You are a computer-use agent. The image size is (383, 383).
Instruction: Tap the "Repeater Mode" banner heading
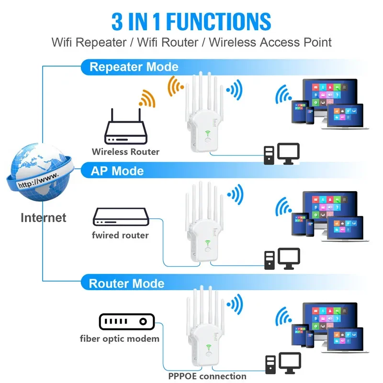tap(134, 67)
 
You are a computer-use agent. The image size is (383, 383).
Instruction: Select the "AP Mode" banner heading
tap(117, 170)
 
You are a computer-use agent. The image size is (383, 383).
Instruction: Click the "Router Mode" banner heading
tap(126, 283)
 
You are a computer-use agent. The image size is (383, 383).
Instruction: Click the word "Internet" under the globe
tap(43, 218)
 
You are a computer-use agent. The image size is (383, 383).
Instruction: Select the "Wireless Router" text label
tap(125, 152)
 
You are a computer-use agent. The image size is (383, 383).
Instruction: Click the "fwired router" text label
tap(120, 235)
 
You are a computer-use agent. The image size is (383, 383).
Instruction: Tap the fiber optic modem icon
tap(125, 321)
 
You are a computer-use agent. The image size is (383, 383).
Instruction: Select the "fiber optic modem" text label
tap(120, 339)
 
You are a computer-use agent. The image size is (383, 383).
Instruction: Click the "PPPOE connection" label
tap(207, 376)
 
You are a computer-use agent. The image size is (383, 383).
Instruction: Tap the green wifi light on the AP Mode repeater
tap(207, 242)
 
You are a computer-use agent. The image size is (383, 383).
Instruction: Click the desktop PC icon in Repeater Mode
tap(282, 154)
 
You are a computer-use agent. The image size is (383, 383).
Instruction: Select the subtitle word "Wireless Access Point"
tap(270, 42)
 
